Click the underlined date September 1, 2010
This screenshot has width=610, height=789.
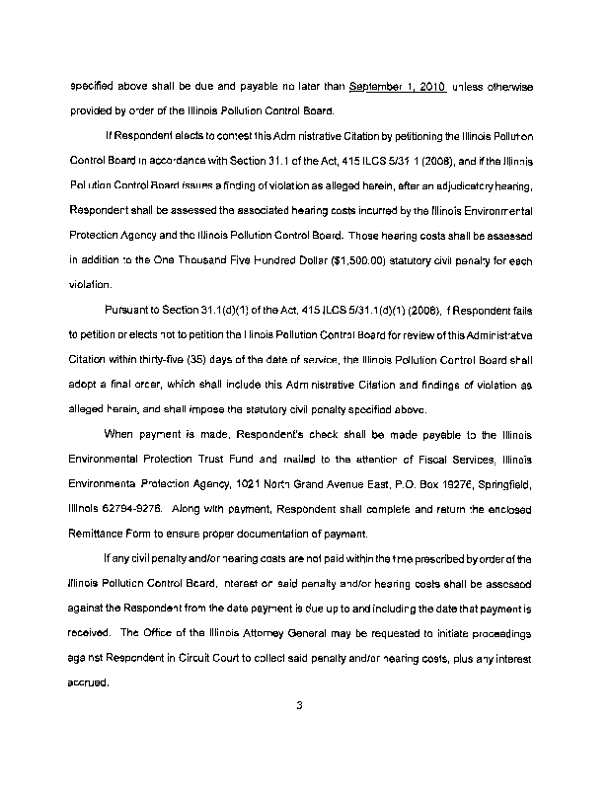398,86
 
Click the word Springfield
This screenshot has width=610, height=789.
505,486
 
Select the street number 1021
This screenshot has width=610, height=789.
255,486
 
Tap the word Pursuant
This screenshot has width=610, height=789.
138,307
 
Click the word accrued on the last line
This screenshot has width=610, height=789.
88,682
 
